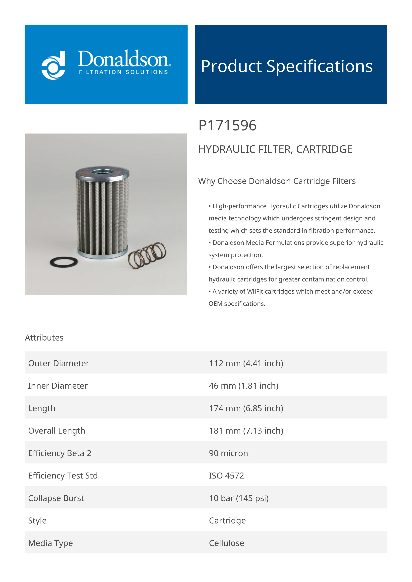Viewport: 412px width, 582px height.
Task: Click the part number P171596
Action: (227, 126)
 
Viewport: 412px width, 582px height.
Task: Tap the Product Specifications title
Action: (287, 66)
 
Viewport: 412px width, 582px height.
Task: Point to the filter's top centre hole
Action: (102, 172)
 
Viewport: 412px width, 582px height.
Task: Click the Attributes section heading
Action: (44, 338)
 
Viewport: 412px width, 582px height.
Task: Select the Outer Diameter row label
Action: (59, 363)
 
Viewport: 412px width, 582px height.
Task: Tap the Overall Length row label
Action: (57, 431)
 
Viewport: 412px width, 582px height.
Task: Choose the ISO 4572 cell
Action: (226, 476)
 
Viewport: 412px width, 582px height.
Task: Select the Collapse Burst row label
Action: (56, 498)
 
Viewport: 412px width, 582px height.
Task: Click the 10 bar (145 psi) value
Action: (239, 498)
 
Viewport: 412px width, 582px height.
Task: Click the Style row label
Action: (37, 520)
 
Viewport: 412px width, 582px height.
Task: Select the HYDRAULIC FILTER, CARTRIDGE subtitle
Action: (275, 149)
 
